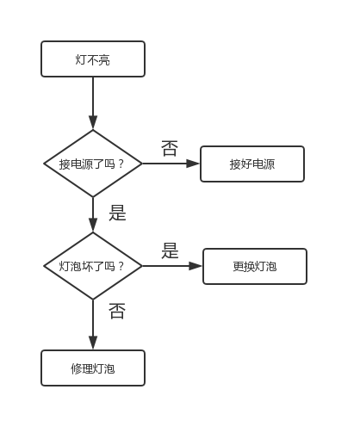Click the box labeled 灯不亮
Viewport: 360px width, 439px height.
coord(93,59)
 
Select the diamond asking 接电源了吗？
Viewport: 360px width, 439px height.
coord(93,164)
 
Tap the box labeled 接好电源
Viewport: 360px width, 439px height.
coord(252,164)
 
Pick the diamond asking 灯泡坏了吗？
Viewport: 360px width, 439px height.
coord(93,266)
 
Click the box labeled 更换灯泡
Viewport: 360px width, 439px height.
coord(255,266)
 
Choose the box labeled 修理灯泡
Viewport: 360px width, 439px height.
coord(93,368)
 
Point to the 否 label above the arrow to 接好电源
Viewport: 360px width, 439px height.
coord(170,148)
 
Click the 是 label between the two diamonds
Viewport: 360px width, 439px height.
coord(117,213)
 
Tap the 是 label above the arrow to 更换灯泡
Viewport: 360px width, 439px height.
coord(170,250)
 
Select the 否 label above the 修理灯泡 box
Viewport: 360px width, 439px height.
coord(117,311)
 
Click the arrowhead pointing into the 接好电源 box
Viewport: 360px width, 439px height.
coord(193,164)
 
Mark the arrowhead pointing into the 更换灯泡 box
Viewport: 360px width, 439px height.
coord(196,266)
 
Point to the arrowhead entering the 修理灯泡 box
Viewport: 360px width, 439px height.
coord(93,343)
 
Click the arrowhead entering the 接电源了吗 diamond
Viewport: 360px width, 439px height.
coord(93,122)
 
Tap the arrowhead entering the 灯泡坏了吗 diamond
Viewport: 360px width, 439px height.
coord(93,225)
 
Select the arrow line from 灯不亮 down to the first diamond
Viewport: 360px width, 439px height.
coord(93,103)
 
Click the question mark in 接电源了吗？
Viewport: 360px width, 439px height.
coord(121,164)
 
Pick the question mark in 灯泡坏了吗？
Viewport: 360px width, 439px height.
coord(121,266)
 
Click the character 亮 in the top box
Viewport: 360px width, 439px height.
coord(104,59)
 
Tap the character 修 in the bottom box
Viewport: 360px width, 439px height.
coord(77,368)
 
